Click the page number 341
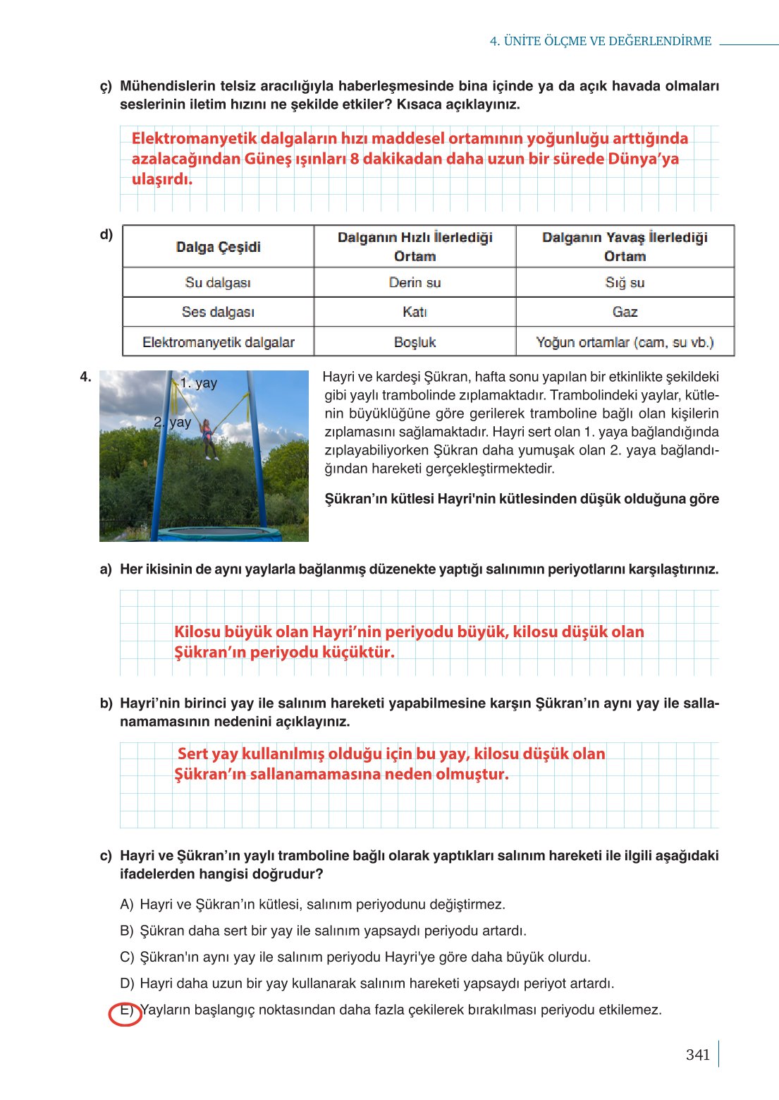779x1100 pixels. pos(697,1055)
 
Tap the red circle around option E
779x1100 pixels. pos(125,1014)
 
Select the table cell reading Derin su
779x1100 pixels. pos(415,283)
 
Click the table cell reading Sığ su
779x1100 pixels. pos(625,283)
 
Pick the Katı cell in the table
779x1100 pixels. pos(415,312)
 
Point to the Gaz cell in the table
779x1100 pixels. pos(625,312)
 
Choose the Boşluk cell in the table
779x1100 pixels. pos(415,342)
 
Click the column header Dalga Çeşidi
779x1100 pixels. pos(218,247)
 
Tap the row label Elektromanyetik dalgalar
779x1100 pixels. pos(218,342)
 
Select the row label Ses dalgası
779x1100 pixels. pos(218,312)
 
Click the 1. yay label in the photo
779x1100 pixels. pos(198,383)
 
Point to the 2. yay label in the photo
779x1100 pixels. pos(173,422)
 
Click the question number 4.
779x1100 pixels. pos(85,377)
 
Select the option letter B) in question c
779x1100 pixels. pos(127,931)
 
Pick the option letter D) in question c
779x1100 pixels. pos(127,984)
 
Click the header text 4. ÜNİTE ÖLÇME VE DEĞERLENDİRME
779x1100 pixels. pos(601,41)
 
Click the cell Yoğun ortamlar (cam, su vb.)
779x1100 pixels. pos(625,342)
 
